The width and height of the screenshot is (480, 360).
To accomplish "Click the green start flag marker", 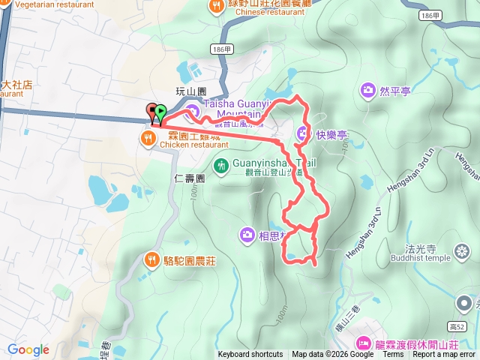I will pyautogui.click(x=160, y=112).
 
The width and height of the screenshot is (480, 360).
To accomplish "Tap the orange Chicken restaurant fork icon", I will pyautogui.click(x=148, y=137).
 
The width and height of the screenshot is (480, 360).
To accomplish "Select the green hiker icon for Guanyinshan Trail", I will pyautogui.click(x=221, y=165).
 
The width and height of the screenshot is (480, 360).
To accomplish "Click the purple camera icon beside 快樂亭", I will pyautogui.click(x=303, y=135).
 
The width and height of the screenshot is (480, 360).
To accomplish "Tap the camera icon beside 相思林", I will pyautogui.click(x=247, y=236).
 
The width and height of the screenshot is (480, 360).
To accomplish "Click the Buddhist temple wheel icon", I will pyautogui.click(x=462, y=250).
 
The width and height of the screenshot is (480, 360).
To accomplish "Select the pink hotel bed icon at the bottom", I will pyautogui.click(x=364, y=343).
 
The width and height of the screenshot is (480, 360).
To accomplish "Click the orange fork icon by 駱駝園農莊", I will pyautogui.click(x=150, y=259).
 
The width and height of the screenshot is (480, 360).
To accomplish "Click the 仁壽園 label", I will pyautogui.click(x=188, y=178).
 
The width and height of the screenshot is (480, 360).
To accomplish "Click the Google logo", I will pyautogui.click(x=28, y=349).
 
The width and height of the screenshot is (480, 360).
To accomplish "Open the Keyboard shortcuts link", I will pyautogui.click(x=250, y=355).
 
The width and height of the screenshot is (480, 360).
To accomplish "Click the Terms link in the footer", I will pyautogui.click(x=393, y=355).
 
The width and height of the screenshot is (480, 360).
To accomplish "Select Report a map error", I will pyautogui.click(x=444, y=355).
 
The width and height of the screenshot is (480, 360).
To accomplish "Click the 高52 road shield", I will pyautogui.click(x=465, y=326).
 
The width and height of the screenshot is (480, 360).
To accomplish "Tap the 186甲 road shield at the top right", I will pyautogui.click(x=430, y=15).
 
